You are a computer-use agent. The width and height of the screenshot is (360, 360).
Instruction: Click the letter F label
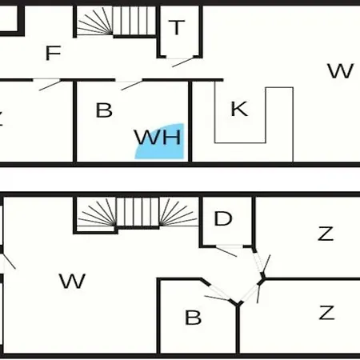[x=54, y=53]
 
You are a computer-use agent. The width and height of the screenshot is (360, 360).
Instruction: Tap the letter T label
[x=177, y=27]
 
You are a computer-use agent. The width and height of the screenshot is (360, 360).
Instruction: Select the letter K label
[x=239, y=109]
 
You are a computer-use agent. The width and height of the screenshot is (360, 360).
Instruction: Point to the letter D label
[x=223, y=218]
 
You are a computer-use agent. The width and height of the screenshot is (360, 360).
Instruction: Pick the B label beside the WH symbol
[x=104, y=110]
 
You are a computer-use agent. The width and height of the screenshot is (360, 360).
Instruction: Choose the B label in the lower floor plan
[x=193, y=318]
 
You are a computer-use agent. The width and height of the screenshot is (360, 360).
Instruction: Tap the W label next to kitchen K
[x=341, y=71]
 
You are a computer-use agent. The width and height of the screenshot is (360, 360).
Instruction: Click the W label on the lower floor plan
[x=72, y=281]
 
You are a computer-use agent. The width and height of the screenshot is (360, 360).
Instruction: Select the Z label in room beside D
[x=326, y=234]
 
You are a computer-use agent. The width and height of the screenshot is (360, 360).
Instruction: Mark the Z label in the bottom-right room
[x=326, y=313]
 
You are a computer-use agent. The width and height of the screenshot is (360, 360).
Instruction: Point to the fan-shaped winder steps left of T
[x=94, y=21]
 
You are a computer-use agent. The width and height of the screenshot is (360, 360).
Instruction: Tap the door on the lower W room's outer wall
[x=9, y=261]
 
